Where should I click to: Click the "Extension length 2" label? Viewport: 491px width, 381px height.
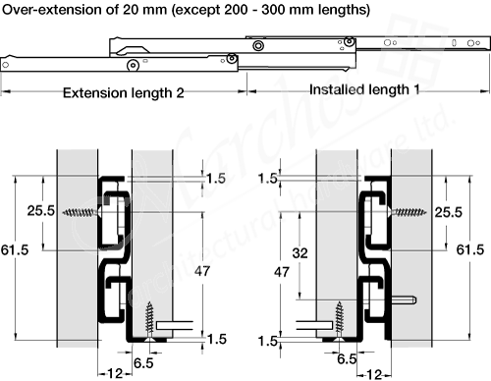pyautogui.click(x=123, y=93)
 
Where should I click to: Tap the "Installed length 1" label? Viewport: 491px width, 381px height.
pyautogui.click(x=364, y=89)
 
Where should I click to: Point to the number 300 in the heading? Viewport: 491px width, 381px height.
pyautogui.click(x=275, y=10)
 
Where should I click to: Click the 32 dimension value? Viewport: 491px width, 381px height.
pyautogui.click(x=300, y=253)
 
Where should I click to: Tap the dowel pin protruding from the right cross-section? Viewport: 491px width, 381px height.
pyautogui.click(x=405, y=299)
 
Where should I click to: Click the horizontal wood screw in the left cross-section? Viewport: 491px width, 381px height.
pyautogui.click(x=81, y=213)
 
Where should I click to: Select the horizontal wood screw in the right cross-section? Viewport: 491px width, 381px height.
pyautogui.click(x=409, y=212)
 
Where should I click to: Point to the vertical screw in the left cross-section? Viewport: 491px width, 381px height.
pyautogui.click(x=149, y=321)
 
